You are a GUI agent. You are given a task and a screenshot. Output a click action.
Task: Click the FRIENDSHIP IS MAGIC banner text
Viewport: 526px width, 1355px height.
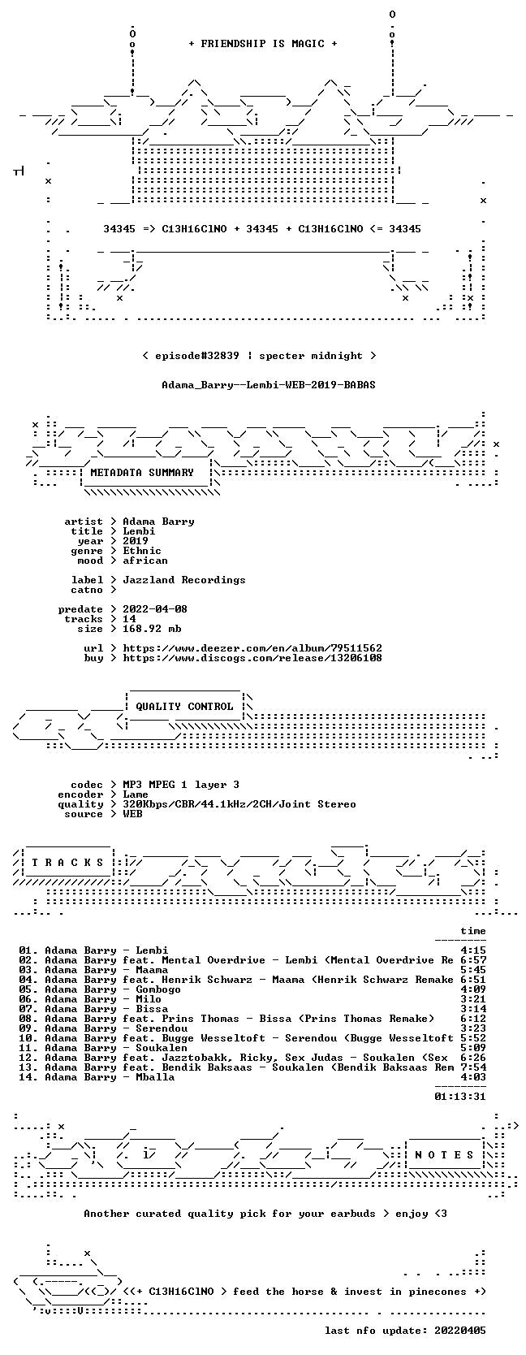(263, 44)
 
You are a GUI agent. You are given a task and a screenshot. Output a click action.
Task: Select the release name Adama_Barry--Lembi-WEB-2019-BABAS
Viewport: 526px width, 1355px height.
(269, 385)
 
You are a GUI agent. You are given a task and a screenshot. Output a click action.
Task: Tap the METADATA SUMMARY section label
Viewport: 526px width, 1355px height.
(142, 473)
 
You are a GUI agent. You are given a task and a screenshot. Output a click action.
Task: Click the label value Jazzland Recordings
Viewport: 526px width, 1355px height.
(184, 580)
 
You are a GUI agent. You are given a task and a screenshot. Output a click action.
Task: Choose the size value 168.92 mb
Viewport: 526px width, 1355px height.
(152, 629)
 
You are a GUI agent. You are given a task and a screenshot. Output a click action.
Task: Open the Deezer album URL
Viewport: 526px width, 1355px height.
(252, 648)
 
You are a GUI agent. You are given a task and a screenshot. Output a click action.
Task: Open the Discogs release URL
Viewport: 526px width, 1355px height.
(252, 658)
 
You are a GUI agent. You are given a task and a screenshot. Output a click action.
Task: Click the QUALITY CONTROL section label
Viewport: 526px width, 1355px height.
(184, 707)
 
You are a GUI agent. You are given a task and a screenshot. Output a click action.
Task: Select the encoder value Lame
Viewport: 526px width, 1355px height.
(136, 794)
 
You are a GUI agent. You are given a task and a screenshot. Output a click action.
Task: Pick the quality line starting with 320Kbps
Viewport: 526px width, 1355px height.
(239, 804)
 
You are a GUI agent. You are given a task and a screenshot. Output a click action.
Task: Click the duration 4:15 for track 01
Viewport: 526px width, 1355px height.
(472, 950)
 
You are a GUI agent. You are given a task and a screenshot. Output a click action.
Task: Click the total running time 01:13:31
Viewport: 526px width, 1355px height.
(460, 1097)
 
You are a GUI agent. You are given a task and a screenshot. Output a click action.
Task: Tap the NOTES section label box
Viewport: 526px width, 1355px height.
(444, 1155)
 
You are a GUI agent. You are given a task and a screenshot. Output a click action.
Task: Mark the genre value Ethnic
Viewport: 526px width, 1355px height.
(142, 551)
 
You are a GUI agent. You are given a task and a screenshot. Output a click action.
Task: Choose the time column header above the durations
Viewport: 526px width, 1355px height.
(472, 931)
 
